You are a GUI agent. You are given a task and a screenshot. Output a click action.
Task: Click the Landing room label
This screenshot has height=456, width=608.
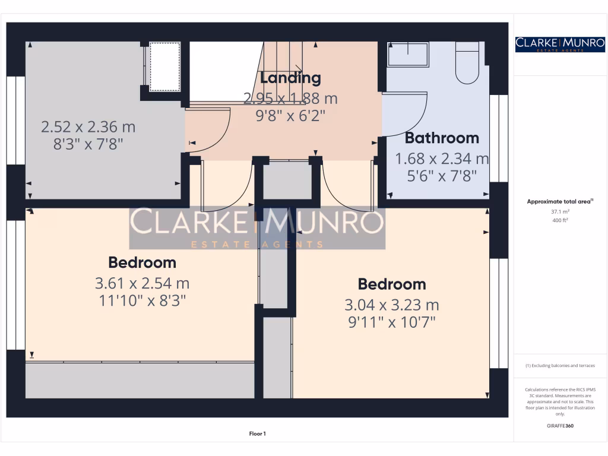[x=290, y=78]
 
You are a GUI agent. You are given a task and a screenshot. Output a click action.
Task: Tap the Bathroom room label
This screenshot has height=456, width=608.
[x=441, y=138]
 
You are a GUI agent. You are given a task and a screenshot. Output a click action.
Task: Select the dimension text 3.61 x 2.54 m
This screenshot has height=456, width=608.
[x=142, y=283]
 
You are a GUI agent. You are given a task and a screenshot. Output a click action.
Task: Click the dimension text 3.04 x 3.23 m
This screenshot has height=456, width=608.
[x=391, y=305]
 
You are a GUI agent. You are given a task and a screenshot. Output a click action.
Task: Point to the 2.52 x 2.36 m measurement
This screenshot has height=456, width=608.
[x=88, y=126]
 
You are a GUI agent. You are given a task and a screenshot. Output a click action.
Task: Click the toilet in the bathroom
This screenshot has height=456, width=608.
[x=467, y=63]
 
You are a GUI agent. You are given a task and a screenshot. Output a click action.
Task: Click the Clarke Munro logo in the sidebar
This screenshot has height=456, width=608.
[x=560, y=44]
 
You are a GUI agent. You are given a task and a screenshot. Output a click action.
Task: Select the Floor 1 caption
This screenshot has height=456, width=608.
[x=258, y=434]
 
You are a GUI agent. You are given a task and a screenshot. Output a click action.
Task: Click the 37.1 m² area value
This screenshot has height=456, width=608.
[x=560, y=211]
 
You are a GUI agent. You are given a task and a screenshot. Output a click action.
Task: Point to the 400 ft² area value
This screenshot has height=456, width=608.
[x=560, y=220]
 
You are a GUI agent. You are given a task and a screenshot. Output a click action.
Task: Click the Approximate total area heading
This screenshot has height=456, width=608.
[x=559, y=202]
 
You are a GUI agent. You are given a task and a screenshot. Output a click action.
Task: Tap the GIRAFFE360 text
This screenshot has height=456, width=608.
[x=560, y=426]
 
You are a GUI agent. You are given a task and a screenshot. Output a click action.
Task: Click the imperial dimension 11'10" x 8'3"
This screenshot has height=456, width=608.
[x=142, y=300]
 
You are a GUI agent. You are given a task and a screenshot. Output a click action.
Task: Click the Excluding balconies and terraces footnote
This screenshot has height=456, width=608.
[x=560, y=366]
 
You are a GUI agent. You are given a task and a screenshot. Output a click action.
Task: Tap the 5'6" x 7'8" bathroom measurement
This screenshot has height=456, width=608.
[x=442, y=176]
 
